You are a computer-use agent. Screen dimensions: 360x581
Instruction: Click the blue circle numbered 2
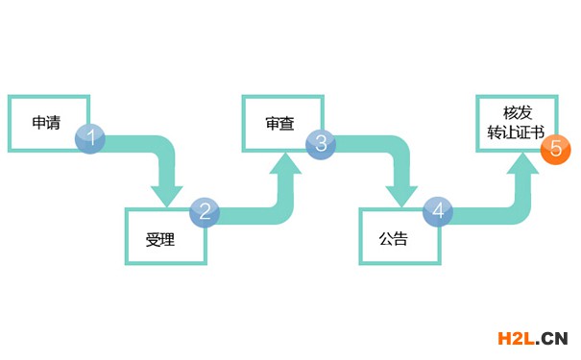[x=205, y=211]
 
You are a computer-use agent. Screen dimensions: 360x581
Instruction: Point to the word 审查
[x=279, y=124]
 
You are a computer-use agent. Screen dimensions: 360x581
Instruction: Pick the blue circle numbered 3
[x=321, y=143]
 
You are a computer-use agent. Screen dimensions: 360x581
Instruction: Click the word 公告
[x=393, y=239]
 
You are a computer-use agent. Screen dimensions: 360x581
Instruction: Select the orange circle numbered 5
[x=556, y=151]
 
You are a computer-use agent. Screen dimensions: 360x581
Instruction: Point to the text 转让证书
[x=513, y=132]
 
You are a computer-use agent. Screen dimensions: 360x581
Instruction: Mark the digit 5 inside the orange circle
[x=556, y=151]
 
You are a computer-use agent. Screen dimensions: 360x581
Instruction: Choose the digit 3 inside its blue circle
[x=321, y=143]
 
